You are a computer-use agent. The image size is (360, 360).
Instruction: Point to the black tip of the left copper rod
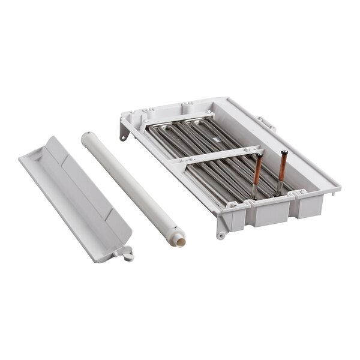click(260, 155)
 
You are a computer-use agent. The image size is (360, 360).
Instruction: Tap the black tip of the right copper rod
click(284, 152)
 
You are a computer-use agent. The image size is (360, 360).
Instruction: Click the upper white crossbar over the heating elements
click(177, 120)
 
